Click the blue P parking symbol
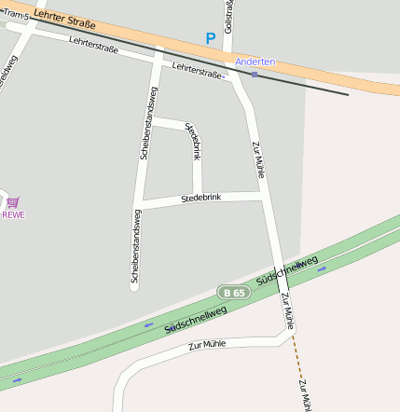point(211,39)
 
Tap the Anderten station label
point(255,62)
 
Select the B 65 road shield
point(234,293)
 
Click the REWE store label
point(13,214)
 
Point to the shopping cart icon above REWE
point(13,201)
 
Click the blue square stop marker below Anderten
point(254,74)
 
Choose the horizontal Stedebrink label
point(200,199)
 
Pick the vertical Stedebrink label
point(193,140)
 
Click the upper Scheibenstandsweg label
point(149,122)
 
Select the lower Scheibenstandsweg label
point(136,245)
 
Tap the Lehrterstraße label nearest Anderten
point(199,70)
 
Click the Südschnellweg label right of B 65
point(286,268)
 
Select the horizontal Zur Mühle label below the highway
point(207,345)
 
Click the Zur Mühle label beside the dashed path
point(303,393)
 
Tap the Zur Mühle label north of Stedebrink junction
point(259,158)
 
